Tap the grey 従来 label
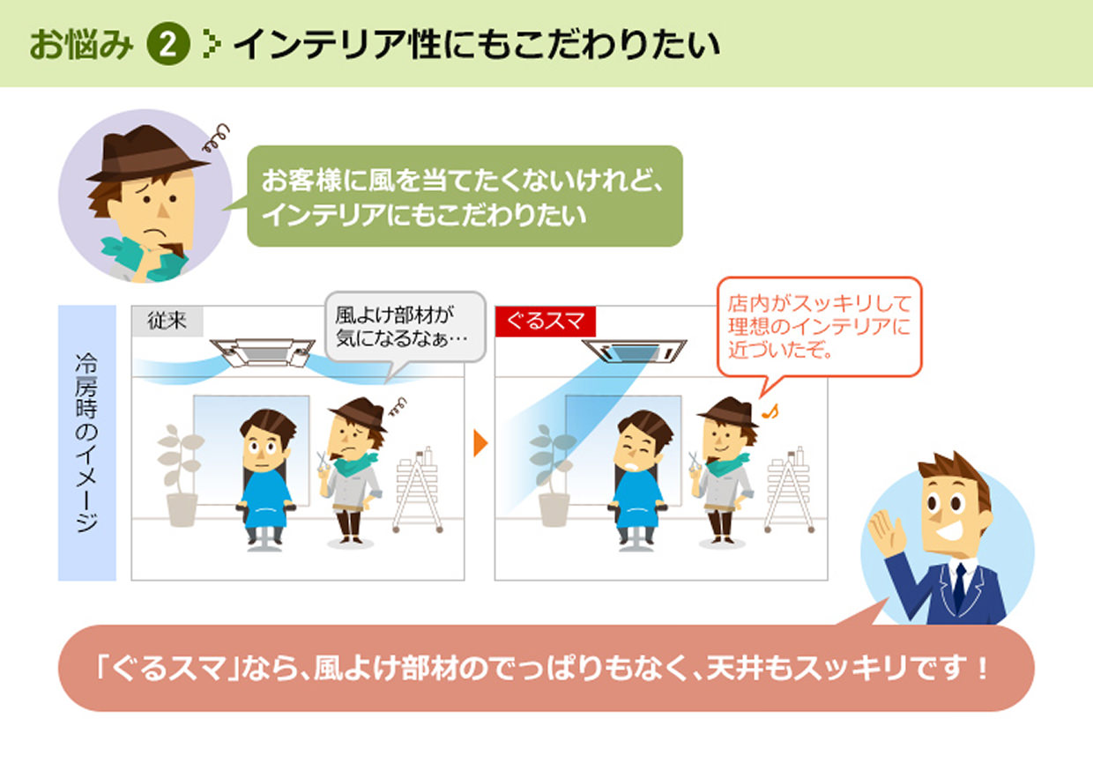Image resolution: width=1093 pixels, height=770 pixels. pyautogui.click(x=167, y=322)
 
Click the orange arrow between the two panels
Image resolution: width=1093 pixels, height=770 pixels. pyautogui.click(x=480, y=443)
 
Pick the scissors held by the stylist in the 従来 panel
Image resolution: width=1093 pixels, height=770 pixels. pyautogui.click(x=321, y=462)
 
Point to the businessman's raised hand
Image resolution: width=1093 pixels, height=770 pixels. pyautogui.click(x=884, y=529)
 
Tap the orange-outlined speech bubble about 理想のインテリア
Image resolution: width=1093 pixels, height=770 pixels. pyautogui.click(x=818, y=327)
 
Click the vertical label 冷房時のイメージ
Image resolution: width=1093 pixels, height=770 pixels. pyautogui.click(x=86, y=442)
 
